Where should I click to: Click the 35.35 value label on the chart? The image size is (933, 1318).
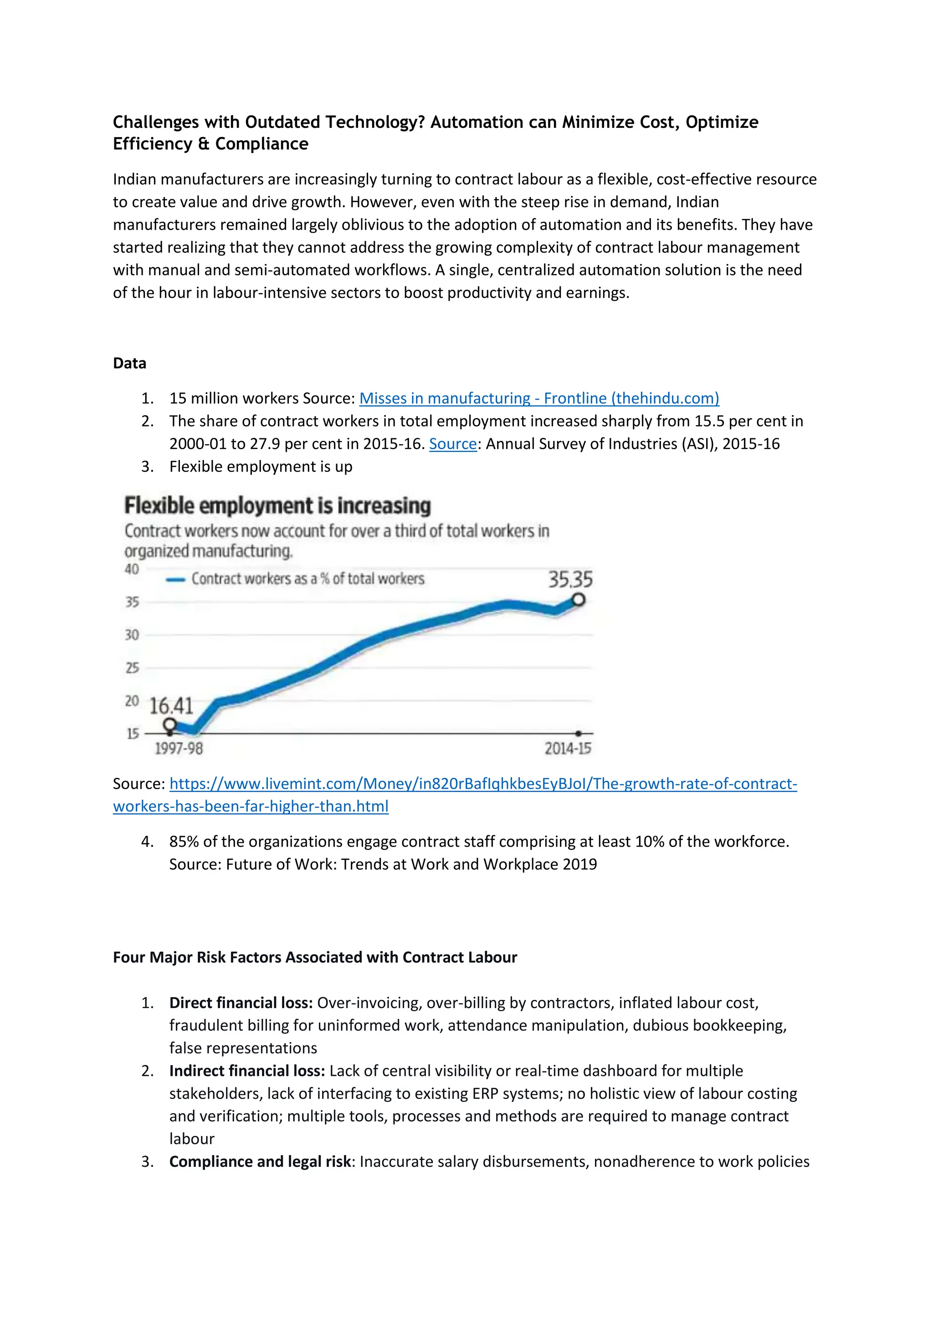[x=570, y=580]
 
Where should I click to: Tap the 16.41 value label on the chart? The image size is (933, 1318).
[x=171, y=705]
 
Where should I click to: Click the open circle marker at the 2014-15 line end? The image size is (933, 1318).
[x=579, y=600]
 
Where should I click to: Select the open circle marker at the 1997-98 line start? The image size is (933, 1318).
[x=169, y=725]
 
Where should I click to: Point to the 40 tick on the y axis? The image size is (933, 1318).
[x=132, y=569]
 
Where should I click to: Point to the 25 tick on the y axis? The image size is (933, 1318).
[x=132, y=668]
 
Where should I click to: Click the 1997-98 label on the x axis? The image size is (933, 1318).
[x=179, y=749]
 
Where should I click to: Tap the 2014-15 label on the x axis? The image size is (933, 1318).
[x=568, y=749]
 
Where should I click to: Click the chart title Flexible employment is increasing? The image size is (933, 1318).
[x=277, y=506]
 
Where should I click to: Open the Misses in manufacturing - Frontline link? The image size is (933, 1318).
[x=539, y=398]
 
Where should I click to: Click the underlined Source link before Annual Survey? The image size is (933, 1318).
[x=453, y=444]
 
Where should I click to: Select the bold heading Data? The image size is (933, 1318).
[x=129, y=363]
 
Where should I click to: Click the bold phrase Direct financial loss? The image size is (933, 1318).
[x=241, y=1003]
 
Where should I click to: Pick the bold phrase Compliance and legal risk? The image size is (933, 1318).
[x=260, y=1161]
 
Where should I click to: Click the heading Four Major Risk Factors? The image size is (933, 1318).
[x=315, y=958]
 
